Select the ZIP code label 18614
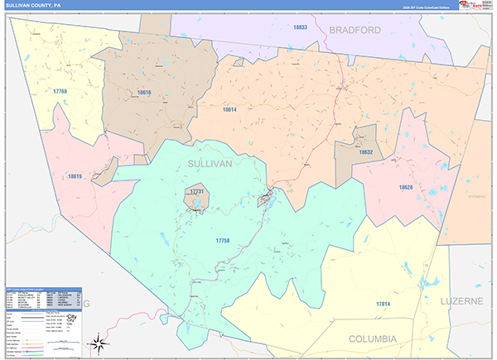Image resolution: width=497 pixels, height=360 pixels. coord(229,110)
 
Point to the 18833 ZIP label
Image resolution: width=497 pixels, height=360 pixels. coord(300,27)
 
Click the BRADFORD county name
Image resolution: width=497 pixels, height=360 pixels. coord(355,30)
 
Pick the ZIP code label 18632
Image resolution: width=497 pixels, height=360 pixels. coord(366,152)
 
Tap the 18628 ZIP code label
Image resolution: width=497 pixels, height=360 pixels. coord(406,188)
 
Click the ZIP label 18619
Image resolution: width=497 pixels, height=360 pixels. coord(75,176)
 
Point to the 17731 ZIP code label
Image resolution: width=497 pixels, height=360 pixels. coord(196,191)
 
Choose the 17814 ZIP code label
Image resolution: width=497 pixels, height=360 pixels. coord(381,305)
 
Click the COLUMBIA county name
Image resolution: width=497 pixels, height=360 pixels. coord(372,338)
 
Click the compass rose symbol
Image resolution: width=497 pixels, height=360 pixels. coord(99,341)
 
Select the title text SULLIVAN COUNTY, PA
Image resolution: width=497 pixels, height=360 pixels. coord(36,5)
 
